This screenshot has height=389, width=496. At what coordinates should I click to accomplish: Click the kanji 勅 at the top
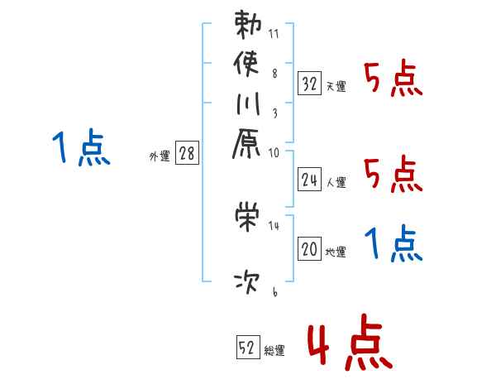tap(247, 25)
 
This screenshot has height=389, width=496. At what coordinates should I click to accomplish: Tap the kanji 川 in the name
tap(247, 106)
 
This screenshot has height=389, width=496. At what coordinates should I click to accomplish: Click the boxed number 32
tap(309, 83)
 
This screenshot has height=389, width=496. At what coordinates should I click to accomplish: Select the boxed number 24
tap(309, 179)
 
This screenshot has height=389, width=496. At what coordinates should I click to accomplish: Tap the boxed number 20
tap(309, 248)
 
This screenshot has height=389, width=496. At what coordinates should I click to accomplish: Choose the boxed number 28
tap(187, 154)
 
